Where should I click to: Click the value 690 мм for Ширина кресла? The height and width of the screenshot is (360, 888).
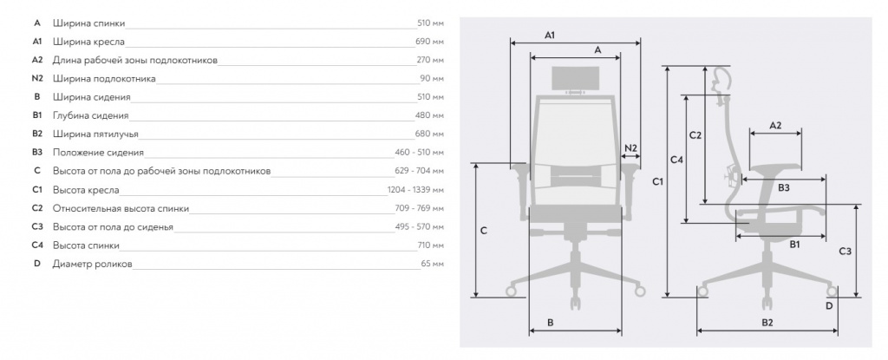(430, 42)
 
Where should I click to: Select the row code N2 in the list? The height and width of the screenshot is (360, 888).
(37, 78)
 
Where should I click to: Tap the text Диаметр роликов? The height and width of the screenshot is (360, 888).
(92, 265)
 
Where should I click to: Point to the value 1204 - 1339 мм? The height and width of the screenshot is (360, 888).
(415, 190)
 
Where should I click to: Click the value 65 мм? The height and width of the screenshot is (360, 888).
(433, 265)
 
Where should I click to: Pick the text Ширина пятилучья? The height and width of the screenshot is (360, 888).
(95, 134)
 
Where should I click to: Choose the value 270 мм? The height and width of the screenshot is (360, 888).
(430, 60)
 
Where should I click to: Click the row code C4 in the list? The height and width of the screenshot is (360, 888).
(37, 245)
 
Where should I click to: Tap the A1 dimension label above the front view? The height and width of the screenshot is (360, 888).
(549, 36)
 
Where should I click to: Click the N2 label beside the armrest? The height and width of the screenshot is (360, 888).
(631, 148)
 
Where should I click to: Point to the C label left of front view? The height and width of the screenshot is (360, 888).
(484, 231)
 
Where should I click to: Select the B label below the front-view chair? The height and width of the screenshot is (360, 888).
(551, 323)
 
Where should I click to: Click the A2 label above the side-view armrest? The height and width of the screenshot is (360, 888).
(775, 125)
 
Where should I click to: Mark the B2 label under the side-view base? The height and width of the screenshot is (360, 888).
(767, 323)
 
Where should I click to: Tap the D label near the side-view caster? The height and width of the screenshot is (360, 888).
(828, 306)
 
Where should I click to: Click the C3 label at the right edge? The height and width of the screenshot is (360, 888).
(845, 252)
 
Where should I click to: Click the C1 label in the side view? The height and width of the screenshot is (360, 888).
(657, 182)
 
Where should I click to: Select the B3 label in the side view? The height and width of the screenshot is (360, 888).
(783, 187)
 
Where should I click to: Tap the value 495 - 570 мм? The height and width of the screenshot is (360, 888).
(420, 226)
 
